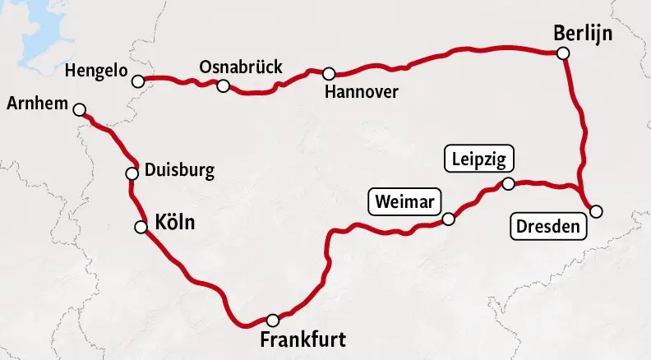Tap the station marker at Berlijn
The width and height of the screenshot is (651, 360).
coord(563,53)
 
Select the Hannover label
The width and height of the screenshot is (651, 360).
coord(361,90)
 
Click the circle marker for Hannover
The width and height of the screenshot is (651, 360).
coord(329,73)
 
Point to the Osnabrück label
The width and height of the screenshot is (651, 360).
coord(241,67)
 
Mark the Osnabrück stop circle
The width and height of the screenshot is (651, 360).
coord(223,85)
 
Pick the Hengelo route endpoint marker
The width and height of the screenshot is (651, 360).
coord(138,81)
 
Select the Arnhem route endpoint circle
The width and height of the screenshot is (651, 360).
coord(79,109)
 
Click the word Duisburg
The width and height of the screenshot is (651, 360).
coord(179,171)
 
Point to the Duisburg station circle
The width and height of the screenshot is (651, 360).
coord(132,173)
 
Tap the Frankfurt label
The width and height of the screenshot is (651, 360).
coord(302,339)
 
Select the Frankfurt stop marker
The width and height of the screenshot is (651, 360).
coord(273,320)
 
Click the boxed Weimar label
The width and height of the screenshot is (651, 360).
coord(404,201)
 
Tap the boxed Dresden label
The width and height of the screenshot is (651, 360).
coord(549,226)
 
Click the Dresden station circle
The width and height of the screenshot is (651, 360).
coord(596,211)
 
